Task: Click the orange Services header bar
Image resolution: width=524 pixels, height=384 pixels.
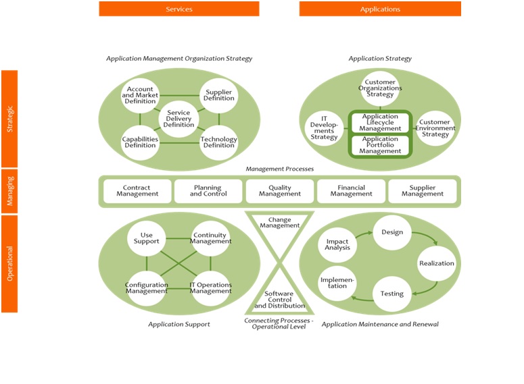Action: point(179,9)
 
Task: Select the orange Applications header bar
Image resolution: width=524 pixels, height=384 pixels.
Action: point(380,9)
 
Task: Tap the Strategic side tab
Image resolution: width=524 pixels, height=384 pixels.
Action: point(9,118)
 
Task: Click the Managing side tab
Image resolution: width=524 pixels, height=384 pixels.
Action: point(9,191)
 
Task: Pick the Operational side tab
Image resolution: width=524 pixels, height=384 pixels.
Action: point(9,263)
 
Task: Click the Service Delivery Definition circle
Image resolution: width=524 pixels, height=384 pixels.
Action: point(179,119)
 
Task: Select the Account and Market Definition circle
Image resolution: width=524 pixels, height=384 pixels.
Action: point(140,94)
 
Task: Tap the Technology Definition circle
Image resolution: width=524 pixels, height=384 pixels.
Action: point(219,142)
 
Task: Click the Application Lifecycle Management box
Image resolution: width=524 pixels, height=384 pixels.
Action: point(379,123)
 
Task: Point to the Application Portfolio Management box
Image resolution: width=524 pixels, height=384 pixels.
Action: point(379,144)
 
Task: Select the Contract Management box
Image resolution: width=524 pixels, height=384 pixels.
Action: point(137,191)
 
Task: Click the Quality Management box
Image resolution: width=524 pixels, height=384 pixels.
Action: point(279,191)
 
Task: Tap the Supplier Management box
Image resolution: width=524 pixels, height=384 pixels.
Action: point(423,191)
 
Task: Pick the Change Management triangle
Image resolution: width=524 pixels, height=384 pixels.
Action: point(279,222)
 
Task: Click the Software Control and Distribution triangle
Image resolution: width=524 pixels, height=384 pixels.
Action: point(279,299)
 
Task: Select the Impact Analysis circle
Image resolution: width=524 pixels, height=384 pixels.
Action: point(337,244)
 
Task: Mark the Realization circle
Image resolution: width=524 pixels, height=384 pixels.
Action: point(436,263)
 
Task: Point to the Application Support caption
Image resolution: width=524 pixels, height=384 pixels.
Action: point(179,325)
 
